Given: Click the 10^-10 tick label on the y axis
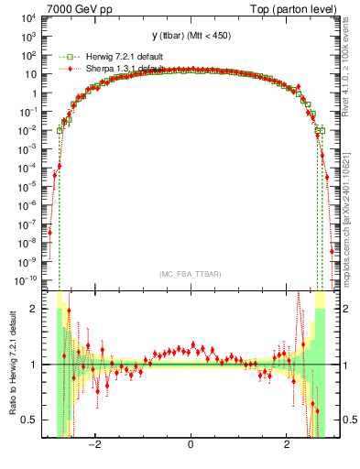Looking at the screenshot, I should pos(27,278).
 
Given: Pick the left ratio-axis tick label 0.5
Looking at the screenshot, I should pos(33,420).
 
